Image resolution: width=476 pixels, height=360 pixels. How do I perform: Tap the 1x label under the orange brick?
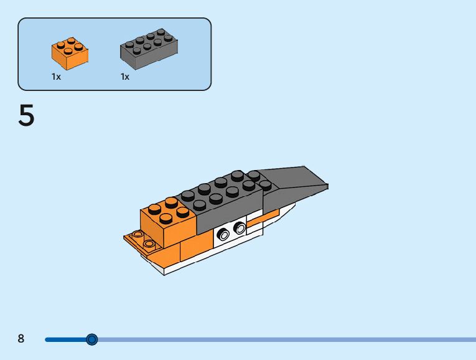(x=56, y=77)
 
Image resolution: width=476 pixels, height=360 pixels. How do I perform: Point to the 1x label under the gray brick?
(x=125, y=77)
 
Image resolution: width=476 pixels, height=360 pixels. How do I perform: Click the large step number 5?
(x=26, y=116)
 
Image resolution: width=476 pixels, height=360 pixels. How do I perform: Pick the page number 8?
(x=21, y=339)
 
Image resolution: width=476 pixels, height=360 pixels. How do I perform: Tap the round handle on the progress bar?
(x=92, y=339)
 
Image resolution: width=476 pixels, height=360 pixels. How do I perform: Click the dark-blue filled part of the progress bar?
(x=65, y=339)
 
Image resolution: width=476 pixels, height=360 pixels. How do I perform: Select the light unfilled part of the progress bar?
(x=280, y=339)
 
